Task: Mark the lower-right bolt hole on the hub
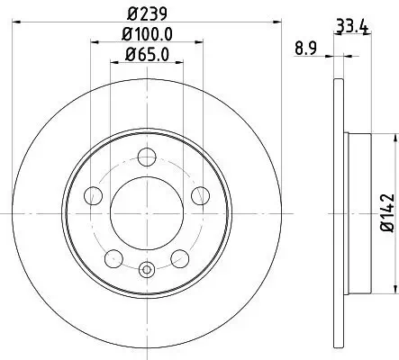pos(180,258)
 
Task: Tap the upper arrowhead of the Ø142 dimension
pos(394,139)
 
